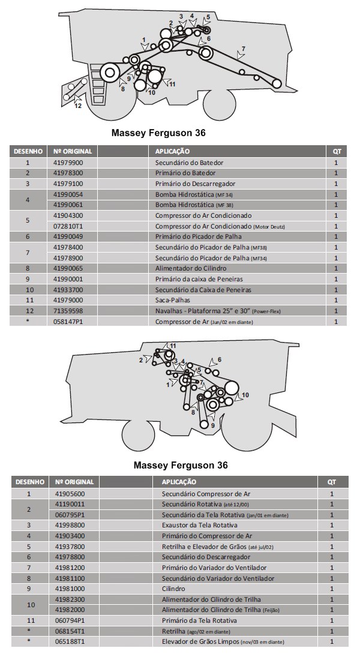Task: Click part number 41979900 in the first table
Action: [68, 163]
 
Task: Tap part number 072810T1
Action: [68, 226]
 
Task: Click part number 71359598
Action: [68, 311]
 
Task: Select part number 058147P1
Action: [68, 322]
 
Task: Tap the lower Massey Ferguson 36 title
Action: [181, 465]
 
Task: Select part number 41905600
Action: [70, 493]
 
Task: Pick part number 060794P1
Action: [70, 620]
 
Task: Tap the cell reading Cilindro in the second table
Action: [173, 589]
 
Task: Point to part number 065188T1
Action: [70, 642]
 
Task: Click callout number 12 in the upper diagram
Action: [78, 106]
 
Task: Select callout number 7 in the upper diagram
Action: [244, 48]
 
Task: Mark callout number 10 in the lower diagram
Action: [245, 395]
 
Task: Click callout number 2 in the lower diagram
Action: [141, 360]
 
